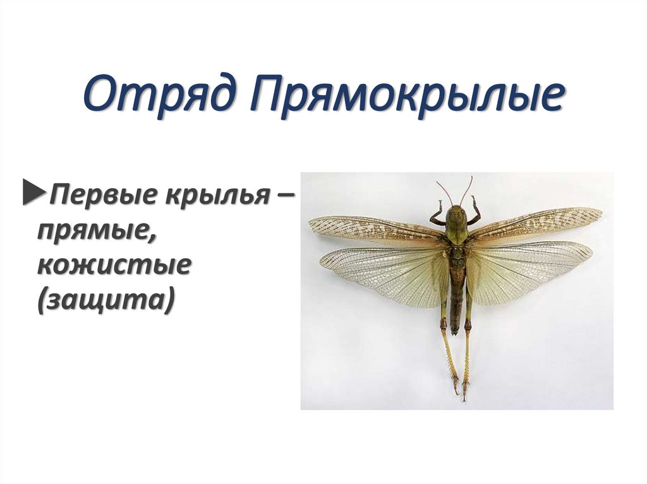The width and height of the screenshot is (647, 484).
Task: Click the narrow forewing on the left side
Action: (373, 230)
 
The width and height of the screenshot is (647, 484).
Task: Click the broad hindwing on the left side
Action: (385, 271)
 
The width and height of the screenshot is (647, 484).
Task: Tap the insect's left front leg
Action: (437, 215)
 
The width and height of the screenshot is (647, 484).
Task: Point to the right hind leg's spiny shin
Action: (467, 360)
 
